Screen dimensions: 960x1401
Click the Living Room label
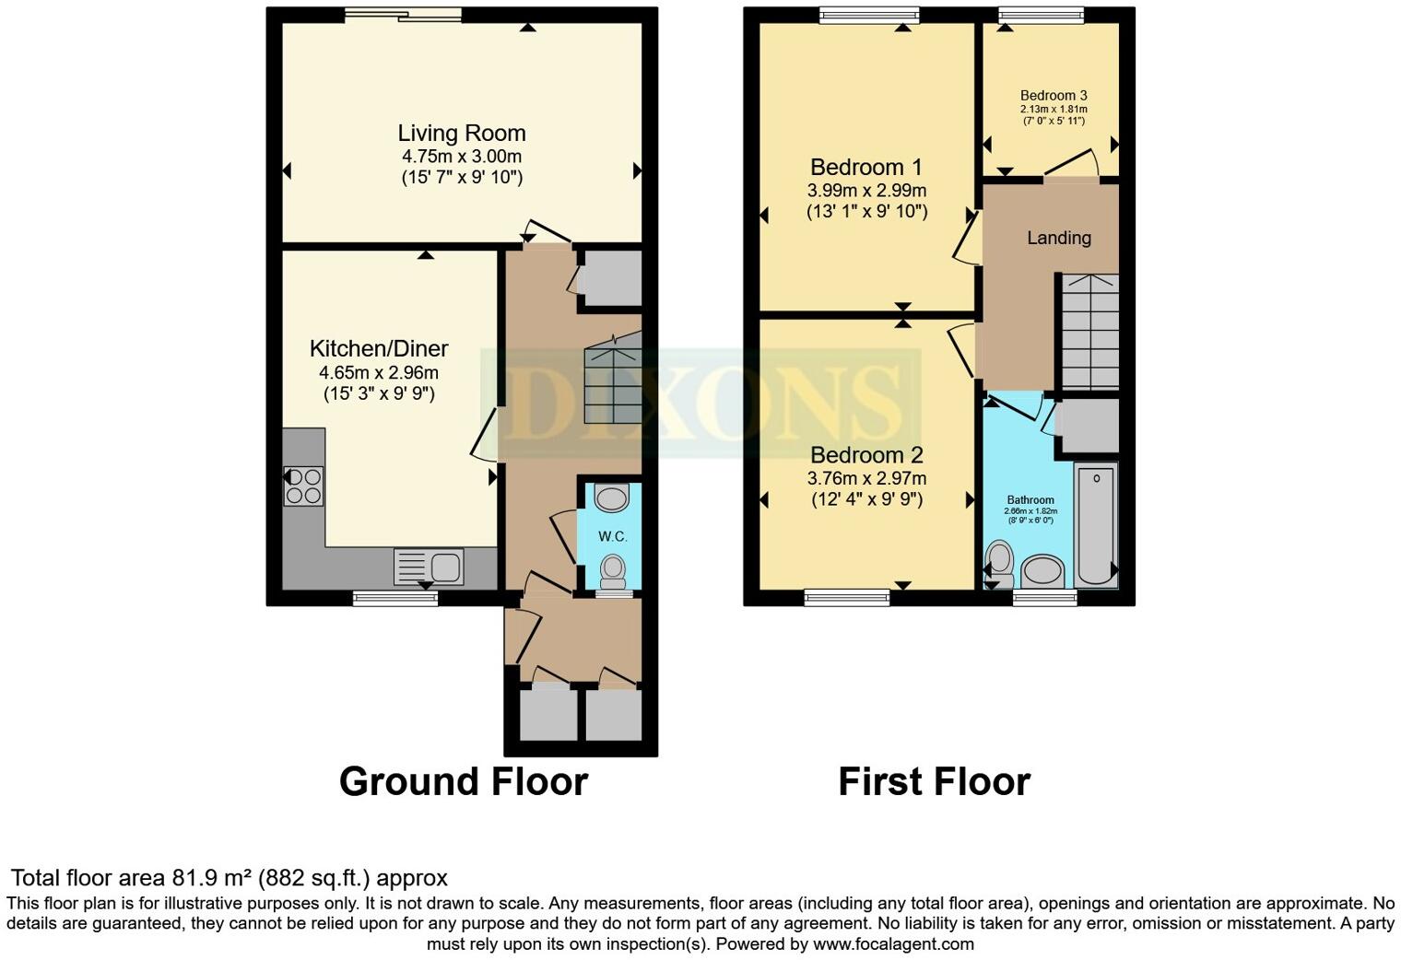point(461,134)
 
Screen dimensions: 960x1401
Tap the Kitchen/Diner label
point(379,349)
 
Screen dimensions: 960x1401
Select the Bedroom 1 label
point(865,168)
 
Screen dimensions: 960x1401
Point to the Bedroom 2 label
point(865,456)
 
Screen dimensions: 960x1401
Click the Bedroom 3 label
point(1054,96)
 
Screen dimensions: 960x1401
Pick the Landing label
point(1059,238)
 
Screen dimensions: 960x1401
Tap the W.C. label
point(612,536)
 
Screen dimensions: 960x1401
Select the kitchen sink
point(429,567)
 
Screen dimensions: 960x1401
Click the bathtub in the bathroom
point(1096,525)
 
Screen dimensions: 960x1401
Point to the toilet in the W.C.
point(612,571)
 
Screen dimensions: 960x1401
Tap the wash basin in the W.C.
point(611,499)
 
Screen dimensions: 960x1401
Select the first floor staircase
point(1090,332)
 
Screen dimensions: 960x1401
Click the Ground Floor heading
point(463,781)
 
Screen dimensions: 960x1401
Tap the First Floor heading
point(934,781)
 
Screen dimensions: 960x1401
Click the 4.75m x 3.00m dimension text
point(461,157)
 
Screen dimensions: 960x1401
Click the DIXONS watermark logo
point(700,404)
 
